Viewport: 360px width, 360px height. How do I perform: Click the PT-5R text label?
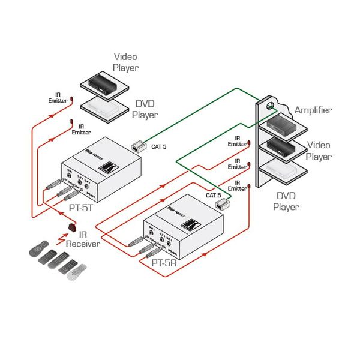164,262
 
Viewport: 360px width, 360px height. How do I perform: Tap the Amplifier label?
313,110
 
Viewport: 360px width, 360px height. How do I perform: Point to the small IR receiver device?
73,227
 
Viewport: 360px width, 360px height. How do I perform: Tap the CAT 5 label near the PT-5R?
214,195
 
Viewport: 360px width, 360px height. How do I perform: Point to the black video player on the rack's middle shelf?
282,146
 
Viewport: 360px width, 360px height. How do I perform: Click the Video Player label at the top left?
126,62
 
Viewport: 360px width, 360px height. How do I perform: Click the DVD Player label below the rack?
286,201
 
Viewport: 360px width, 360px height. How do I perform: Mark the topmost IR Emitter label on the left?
58,97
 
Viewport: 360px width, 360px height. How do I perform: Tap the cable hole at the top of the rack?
269,107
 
